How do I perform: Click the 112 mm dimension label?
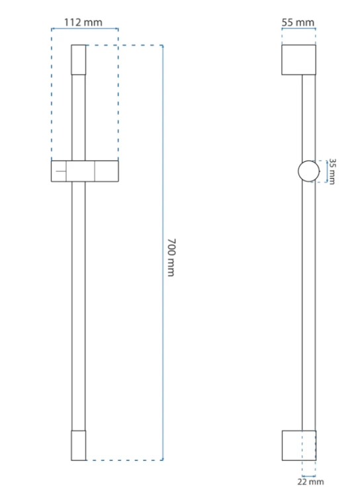pyautogui.click(x=83, y=22)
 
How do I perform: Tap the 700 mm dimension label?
pyautogui.click(x=171, y=257)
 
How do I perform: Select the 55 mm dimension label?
pyautogui.click(x=298, y=22)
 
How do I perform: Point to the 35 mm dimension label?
pyautogui.click(x=332, y=171)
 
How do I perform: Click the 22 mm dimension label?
pyautogui.click(x=310, y=481)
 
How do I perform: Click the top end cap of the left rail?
pyautogui.click(x=79, y=60)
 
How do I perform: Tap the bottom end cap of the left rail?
pyautogui.click(x=79, y=445)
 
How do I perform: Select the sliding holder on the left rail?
pyautogui.click(x=85, y=171)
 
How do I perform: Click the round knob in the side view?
pyautogui.click(x=308, y=171)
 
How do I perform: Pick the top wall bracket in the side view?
pyautogui.click(x=298, y=60)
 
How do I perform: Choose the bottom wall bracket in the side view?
pyautogui.click(x=299, y=445)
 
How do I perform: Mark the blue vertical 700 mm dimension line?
pyautogui.click(x=163, y=253)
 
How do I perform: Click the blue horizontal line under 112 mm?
pyautogui.click(x=85, y=29)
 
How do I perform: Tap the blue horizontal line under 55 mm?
pyautogui.click(x=298, y=29)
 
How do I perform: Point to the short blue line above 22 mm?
pyautogui.click(x=308, y=475)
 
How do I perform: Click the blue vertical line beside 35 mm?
pyautogui.click(x=327, y=171)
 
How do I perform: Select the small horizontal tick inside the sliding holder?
pyautogui.click(x=61, y=171)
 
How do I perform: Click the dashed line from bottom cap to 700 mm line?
pyautogui.click(x=124, y=460)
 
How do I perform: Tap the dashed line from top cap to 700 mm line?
pyautogui.click(x=124, y=45)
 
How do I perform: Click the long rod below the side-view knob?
pyautogui.click(x=308, y=306)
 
